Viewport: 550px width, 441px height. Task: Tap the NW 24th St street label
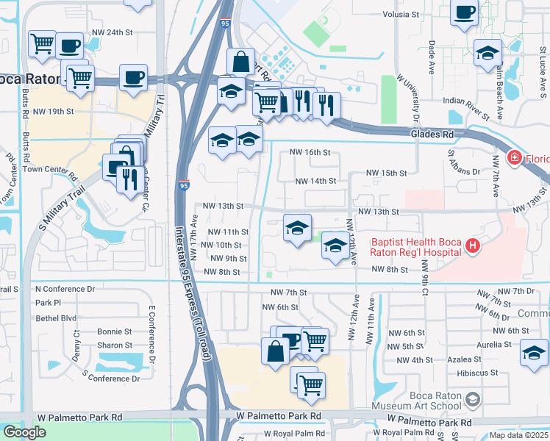(112, 32)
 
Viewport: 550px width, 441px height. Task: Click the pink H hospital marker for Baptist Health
(473, 245)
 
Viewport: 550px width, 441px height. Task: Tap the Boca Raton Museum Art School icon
(472, 400)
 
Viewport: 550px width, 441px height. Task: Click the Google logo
(24, 432)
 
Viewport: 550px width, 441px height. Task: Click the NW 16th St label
(310, 152)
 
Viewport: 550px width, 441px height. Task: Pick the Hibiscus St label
(449, 373)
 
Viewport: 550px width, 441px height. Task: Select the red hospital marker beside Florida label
(514, 157)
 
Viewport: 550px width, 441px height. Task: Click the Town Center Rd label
(49, 168)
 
